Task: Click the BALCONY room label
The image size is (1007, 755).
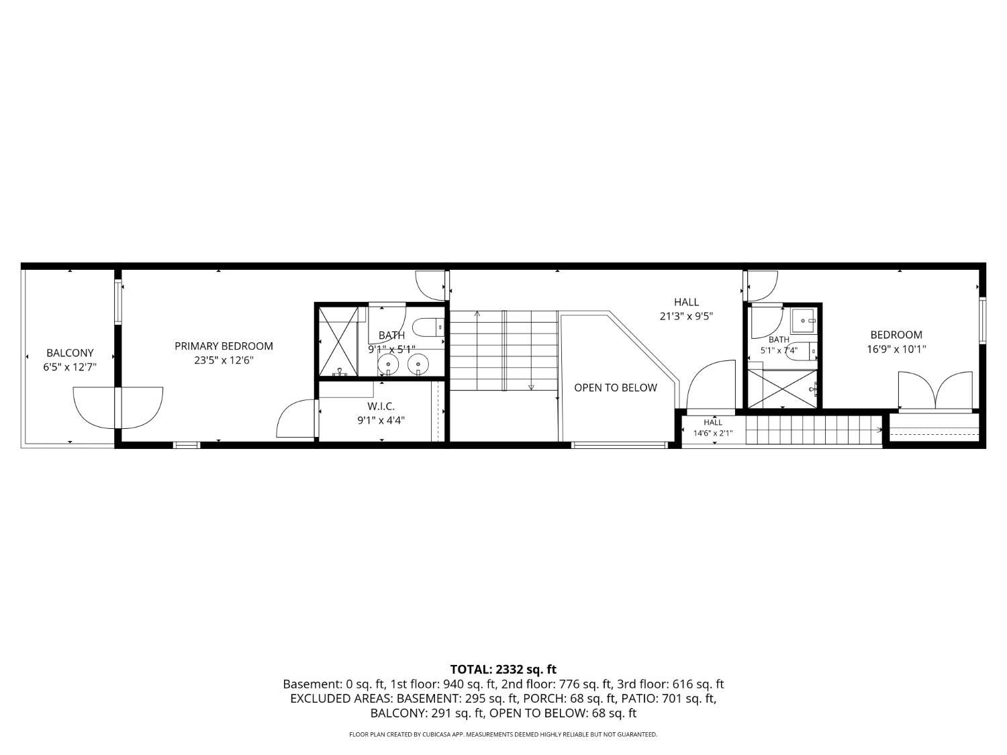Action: pos(70,353)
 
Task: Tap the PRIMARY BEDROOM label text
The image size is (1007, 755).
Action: pos(224,346)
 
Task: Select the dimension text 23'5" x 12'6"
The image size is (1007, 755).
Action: pos(224,360)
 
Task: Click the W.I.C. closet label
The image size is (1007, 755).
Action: pos(381,406)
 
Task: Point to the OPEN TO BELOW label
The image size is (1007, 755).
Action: pos(616,388)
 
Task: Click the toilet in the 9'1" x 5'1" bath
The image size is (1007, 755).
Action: pos(428,328)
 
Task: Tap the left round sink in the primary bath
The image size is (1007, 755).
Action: pos(389,364)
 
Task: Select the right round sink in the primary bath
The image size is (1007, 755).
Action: pos(418,364)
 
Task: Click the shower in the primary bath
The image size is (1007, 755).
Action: pos(338,342)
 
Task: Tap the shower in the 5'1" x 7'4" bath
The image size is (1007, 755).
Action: pos(783,389)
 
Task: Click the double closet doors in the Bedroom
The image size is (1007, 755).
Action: pos(935,390)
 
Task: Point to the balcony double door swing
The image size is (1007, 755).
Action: pos(118,408)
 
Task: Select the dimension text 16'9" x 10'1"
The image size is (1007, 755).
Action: pos(896,349)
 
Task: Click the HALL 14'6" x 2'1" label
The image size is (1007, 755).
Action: pos(713,427)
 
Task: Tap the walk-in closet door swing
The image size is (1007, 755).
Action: pos(296,418)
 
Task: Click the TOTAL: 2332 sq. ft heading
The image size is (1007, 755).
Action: pos(503,669)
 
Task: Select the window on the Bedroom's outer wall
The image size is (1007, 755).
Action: pos(983,320)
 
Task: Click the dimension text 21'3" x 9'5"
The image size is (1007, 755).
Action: pos(686,316)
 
